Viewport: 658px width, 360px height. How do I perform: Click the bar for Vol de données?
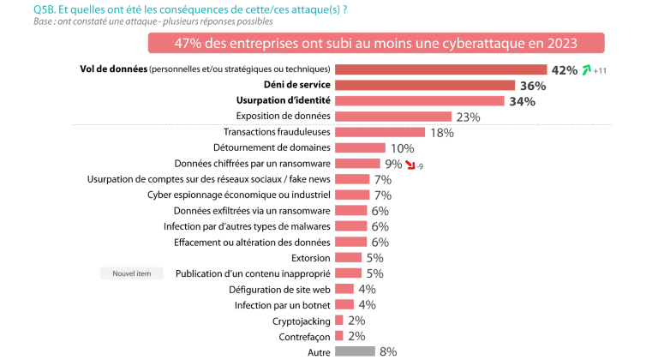[x=440, y=69]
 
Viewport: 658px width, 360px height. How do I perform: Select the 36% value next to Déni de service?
[x=533, y=86]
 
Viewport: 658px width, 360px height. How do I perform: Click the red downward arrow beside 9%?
[x=410, y=164]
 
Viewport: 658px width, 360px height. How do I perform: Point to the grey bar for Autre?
[x=355, y=351]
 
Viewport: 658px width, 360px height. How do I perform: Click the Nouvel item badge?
[x=131, y=273]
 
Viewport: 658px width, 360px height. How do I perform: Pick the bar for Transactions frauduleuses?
[x=380, y=132]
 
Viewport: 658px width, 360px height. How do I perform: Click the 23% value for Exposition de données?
[x=468, y=117]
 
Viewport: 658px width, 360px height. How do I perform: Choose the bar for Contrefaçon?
[x=339, y=336]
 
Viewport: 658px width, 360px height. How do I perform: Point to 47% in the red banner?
[x=189, y=43]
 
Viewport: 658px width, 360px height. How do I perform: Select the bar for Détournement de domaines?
[x=360, y=148]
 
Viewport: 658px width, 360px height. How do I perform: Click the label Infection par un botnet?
[x=282, y=304]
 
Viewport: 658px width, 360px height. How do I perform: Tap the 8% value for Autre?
[x=388, y=351]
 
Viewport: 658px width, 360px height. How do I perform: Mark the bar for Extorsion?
[x=348, y=257]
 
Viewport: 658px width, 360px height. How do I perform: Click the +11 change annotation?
[x=601, y=71]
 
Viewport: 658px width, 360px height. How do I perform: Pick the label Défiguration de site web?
[x=278, y=289]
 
